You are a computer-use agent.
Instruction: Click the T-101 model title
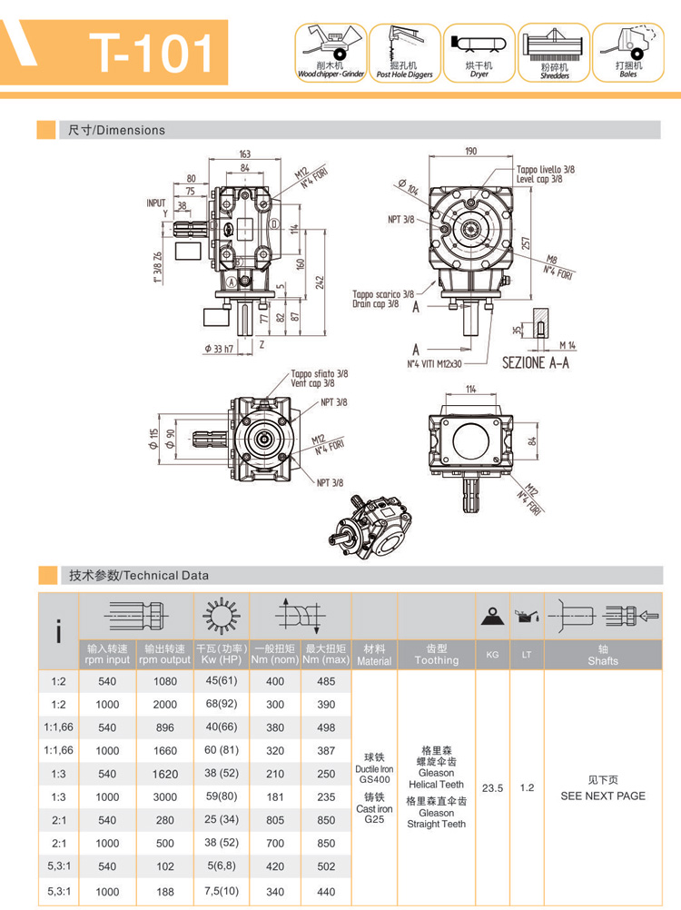click(153, 54)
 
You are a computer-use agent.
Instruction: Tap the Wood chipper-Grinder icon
click(331, 53)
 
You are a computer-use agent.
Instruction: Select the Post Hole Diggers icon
click(405, 53)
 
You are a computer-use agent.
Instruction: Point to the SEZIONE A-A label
click(536, 361)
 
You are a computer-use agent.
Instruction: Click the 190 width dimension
click(470, 152)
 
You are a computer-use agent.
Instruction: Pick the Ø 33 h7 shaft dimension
click(219, 348)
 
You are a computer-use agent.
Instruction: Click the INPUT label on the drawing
click(156, 203)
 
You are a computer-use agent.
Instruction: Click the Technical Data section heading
click(139, 575)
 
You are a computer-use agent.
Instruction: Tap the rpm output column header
click(164, 655)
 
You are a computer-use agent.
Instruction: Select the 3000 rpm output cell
click(164, 796)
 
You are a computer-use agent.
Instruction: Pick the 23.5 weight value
click(492, 788)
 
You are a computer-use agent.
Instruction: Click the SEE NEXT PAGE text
click(603, 796)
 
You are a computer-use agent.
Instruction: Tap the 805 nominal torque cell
click(276, 820)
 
